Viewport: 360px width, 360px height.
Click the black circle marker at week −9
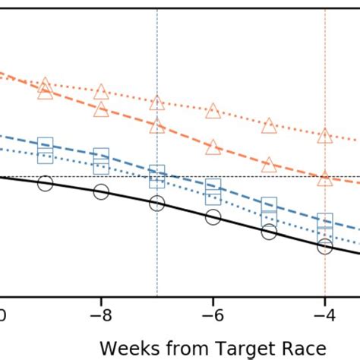pos(45,184)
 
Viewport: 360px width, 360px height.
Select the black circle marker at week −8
pos(101,191)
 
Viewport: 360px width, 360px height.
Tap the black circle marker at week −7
pos(156,203)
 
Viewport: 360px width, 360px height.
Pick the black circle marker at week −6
pos(213,218)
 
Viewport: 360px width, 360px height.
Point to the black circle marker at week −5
pos(269,232)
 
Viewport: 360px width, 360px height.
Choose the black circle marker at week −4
pos(325,246)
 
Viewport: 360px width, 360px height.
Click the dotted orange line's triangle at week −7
pos(156,103)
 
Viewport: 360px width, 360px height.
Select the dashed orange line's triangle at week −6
pos(213,147)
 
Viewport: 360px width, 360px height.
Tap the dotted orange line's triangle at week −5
pos(269,125)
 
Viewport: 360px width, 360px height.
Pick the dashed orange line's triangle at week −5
pos(269,164)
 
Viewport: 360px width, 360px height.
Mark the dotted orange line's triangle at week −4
pos(325,136)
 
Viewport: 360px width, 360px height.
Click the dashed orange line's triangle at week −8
pos(101,109)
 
